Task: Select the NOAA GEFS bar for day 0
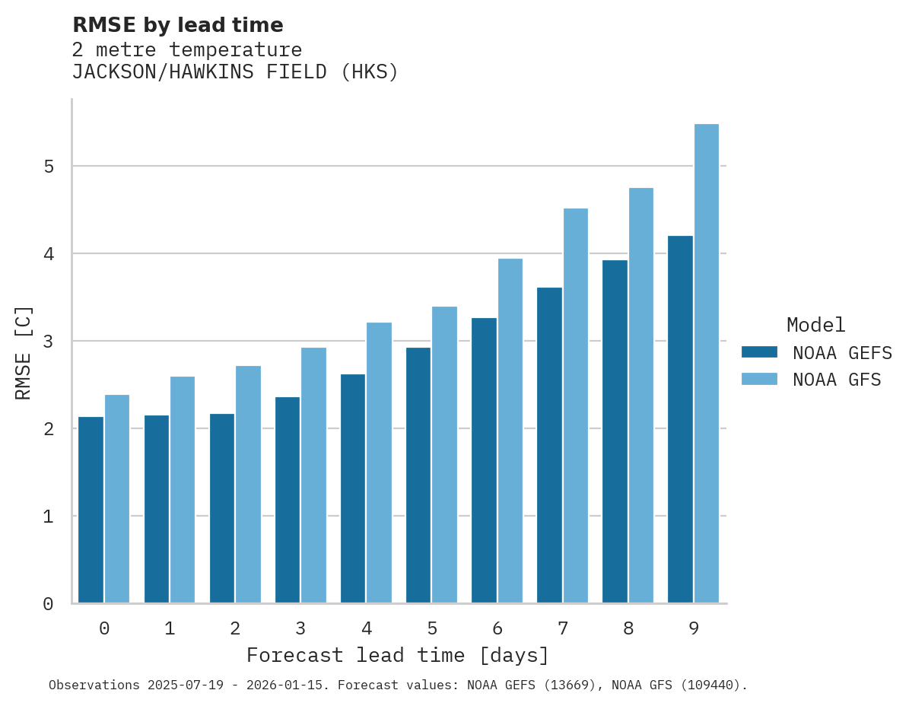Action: pos(91,510)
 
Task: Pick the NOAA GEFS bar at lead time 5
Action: pos(418,475)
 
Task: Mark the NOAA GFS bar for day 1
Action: pos(183,490)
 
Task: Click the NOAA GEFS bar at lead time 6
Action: pos(484,460)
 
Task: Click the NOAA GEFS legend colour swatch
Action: pos(759,352)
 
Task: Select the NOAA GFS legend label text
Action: pos(837,380)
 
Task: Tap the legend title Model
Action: pos(815,326)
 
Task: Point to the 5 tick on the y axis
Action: pos(48,167)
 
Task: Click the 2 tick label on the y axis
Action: pos(48,429)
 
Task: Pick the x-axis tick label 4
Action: pos(367,629)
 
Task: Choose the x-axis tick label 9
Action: pos(694,629)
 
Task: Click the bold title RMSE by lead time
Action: pos(178,25)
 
